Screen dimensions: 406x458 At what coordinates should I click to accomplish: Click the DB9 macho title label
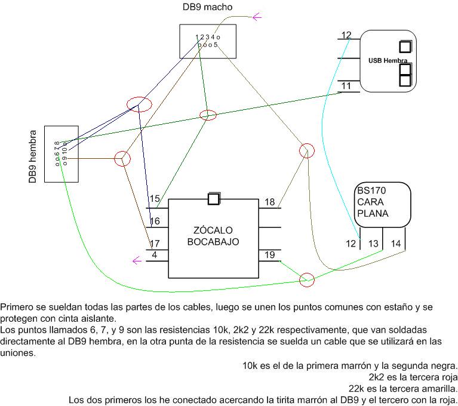pyautogui.click(x=207, y=7)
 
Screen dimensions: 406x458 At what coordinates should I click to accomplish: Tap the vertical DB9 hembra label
pyautogui.click(x=33, y=156)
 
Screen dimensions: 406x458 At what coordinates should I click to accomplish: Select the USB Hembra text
pyautogui.click(x=388, y=61)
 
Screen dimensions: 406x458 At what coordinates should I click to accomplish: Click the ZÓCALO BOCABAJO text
pyautogui.click(x=213, y=236)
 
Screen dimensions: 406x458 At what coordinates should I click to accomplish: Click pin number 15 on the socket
pyautogui.click(x=155, y=199)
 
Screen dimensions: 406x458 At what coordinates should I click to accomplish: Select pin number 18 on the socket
pyautogui.click(x=269, y=202)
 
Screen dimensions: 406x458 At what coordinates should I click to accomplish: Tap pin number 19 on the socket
pyautogui.click(x=269, y=256)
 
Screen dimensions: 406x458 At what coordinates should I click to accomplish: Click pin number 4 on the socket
pyautogui.click(x=155, y=255)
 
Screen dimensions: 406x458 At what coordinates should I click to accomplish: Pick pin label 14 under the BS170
pyautogui.click(x=396, y=244)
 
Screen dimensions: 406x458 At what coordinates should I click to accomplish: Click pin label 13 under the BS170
pyautogui.click(x=373, y=244)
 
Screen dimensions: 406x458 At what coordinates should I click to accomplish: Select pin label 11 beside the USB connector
pyautogui.click(x=346, y=87)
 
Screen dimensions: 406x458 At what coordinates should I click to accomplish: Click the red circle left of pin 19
pyautogui.click(x=306, y=279)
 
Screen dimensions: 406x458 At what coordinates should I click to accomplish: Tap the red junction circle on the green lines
pyautogui.click(x=207, y=115)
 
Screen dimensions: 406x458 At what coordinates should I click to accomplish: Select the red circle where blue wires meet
pyautogui.click(x=138, y=104)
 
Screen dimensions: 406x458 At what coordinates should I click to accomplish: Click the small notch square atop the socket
pyautogui.click(x=214, y=199)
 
